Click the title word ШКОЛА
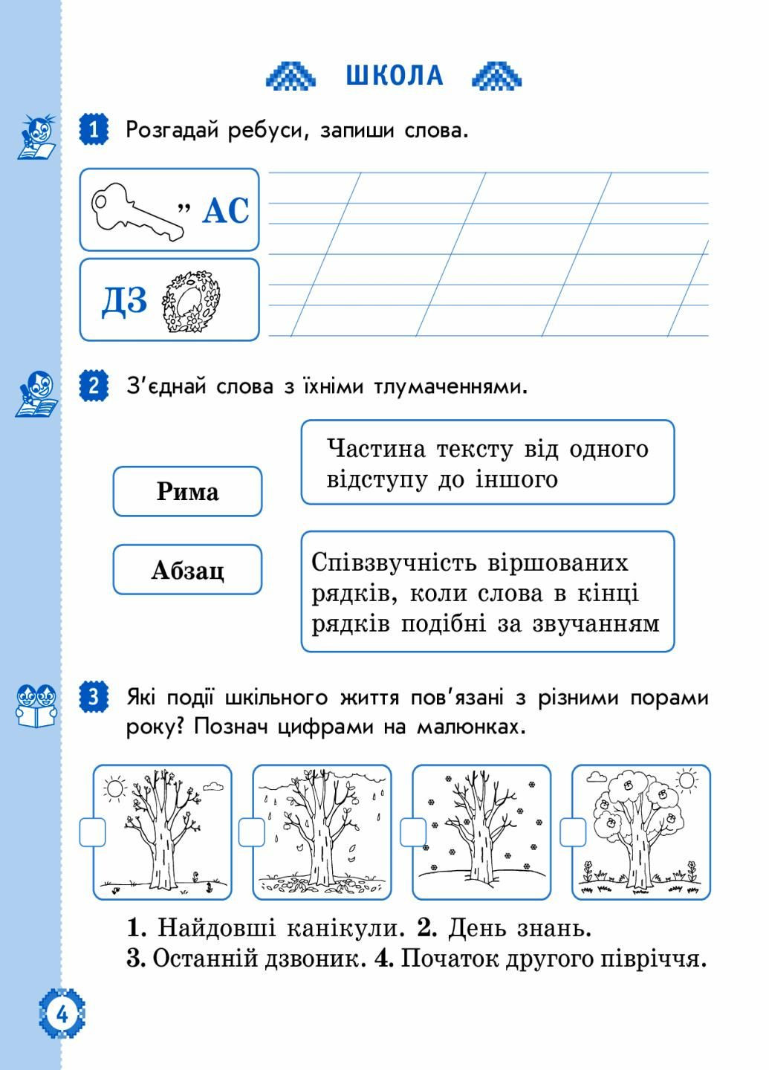click(x=395, y=76)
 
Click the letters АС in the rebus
click(x=226, y=211)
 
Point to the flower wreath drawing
click(x=191, y=301)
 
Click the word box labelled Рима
click(x=188, y=492)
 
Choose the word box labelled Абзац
click(x=188, y=569)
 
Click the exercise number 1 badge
click(x=94, y=129)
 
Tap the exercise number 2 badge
click(x=94, y=386)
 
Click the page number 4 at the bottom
click(x=62, y=1014)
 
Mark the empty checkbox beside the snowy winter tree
click(x=412, y=832)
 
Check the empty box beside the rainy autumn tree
click(x=251, y=832)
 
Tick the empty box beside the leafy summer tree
click(x=573, y=832)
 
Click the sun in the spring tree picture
click(x=114, y=788)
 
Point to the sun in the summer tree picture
click(x=686, y=781)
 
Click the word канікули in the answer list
click(x=345, y=927)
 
